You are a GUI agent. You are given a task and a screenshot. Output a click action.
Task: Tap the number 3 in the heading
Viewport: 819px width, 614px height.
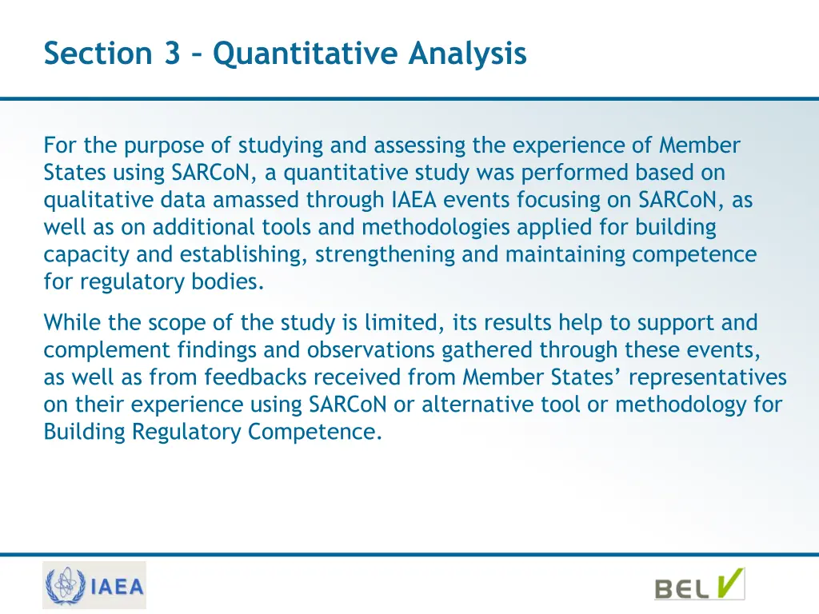(172, 54)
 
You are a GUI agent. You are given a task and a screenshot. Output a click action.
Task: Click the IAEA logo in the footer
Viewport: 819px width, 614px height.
(94, 586)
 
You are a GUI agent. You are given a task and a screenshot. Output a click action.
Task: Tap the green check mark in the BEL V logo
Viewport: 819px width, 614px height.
(729, 583)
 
